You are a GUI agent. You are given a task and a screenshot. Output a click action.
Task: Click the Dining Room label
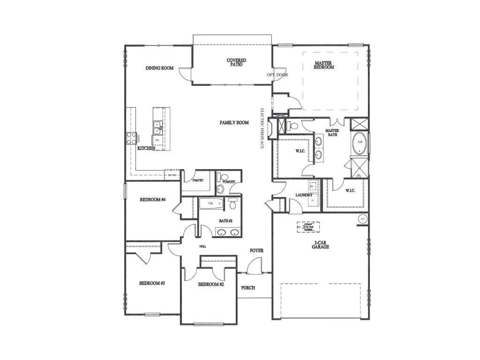[159, 68]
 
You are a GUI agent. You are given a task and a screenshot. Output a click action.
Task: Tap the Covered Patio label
[236, 63]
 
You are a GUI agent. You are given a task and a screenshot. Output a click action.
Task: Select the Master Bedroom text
[324, 65]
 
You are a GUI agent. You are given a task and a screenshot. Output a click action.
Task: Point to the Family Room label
[234, 123]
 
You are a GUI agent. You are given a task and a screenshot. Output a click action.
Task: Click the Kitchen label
[146, 149]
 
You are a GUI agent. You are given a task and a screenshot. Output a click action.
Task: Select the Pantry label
[197, 180]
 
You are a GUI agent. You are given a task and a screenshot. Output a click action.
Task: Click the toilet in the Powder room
[220, 189]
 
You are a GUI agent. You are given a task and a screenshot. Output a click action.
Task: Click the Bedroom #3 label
[151, 284]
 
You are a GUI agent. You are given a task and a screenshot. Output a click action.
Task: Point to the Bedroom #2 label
[210, 285]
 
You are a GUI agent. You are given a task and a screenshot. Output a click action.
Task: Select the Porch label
[248, 288]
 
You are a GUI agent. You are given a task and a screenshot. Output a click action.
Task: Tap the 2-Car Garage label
[321, 244]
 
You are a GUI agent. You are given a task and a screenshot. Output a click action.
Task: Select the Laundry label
[304, 195]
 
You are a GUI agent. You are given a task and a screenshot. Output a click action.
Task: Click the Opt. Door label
[277, 75]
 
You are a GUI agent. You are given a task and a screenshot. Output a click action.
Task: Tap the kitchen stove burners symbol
[131, 138]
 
